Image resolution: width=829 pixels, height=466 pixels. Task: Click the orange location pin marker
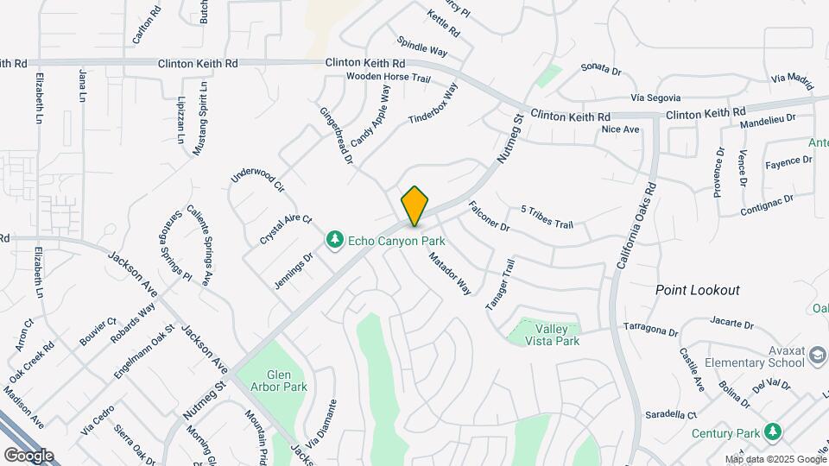click(415, 205)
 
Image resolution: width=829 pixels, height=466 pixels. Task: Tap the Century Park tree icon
click(774, 431)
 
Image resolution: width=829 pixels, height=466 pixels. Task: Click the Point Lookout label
click(697, 291)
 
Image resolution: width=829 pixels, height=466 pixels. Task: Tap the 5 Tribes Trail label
click(547, 217)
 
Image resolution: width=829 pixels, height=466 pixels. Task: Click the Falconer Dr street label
click(490, 217)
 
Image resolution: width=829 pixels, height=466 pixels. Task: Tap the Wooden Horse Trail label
click(388, 78)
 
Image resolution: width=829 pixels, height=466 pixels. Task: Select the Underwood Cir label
click(257, 176)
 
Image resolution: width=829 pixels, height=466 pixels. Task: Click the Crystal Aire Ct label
click(286, 231)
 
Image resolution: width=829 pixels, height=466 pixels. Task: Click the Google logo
click(28, 455)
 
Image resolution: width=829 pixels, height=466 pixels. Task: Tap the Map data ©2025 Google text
click(775, 459)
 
